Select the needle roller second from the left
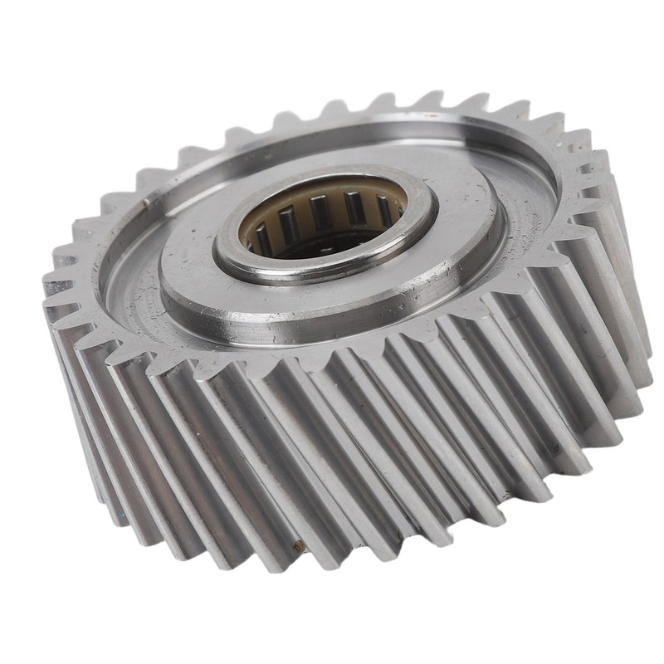click(x=286, y=222)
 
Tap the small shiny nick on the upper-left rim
click(x=146, y=200)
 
